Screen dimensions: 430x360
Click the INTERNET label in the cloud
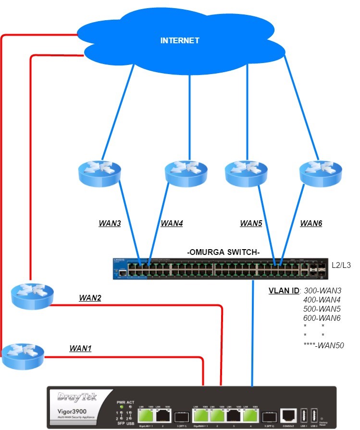pos(179,40)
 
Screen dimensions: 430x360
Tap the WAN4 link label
pos(172,223)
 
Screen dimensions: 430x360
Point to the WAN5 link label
pos(251,223)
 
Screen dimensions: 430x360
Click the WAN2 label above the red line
pos(90,298)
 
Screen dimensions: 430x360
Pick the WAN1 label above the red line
pos(80,348)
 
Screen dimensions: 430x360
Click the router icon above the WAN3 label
pos(100,172)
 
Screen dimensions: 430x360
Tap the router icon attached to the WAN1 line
pos(19,355)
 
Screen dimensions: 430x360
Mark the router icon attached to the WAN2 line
pos(31,294)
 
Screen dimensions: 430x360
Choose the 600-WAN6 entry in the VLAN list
pos(322,318)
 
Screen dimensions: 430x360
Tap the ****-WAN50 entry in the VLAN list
pos(323,345)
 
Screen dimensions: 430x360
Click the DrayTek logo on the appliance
pos(77,397)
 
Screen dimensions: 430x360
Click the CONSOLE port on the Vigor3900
pos(289,415)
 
